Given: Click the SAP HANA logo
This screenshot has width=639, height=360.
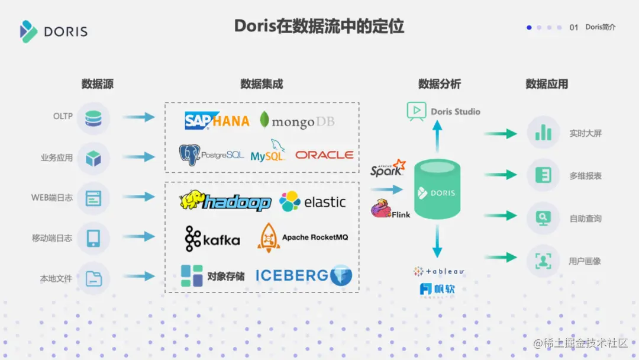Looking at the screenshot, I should pyautogui.click(x=217, y=120).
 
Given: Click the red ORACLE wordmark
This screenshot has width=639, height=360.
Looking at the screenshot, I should pyautogui.click(x=324, y=155).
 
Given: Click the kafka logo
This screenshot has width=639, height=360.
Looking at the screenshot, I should pyautogui.click(x=212, y=239).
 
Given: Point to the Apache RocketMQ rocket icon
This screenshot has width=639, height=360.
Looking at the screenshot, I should pyautogui.click(x=268, y=238).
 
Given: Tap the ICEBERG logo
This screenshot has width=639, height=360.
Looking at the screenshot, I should pyautogui.click(x=304, y=275).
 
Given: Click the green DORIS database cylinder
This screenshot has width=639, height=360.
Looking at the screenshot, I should pyautogui.click(x=437, y=189).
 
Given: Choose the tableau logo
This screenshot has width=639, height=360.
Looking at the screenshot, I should pyautogui.click(x=438, y=271).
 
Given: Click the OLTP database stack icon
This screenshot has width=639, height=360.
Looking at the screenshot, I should pyautogui.click(x=93, y=118).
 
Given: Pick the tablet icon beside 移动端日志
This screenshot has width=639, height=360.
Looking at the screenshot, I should pyautogui.click(x=93, y=238).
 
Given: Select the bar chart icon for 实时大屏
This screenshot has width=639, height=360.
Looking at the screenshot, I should pyautogui.click(x=543, y=132).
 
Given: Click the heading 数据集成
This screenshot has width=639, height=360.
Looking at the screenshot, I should pyautogui.click(x=262, y=84).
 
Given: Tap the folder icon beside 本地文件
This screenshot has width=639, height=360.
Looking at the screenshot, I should pyautogui.click(x=93, y=278).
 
